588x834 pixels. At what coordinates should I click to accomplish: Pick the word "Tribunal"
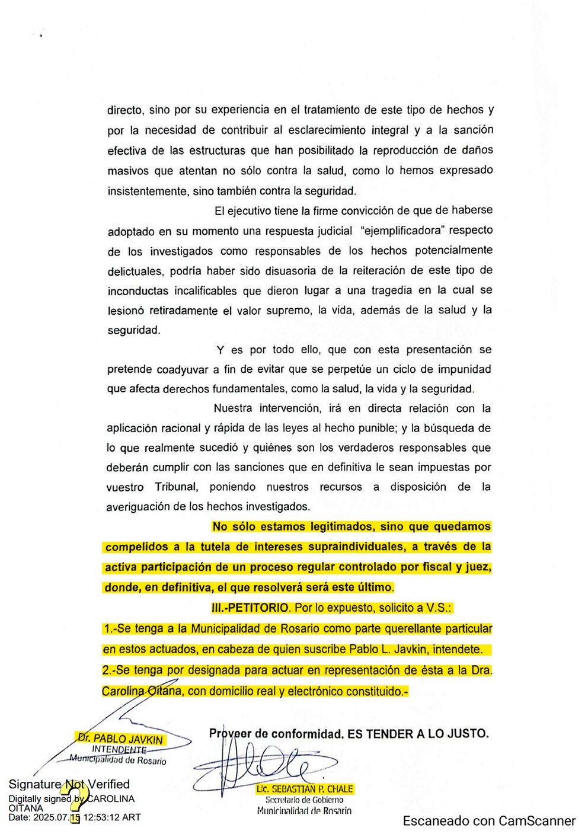[176, 487]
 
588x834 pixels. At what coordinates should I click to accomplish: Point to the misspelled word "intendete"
[457, 649]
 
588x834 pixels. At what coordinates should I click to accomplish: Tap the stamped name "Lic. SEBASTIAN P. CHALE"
[305, 789]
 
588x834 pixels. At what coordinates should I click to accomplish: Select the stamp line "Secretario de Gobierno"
[304, 800]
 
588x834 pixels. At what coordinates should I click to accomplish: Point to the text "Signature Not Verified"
[69, 784]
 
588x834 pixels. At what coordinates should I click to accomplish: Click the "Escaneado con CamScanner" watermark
[489, 821]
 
